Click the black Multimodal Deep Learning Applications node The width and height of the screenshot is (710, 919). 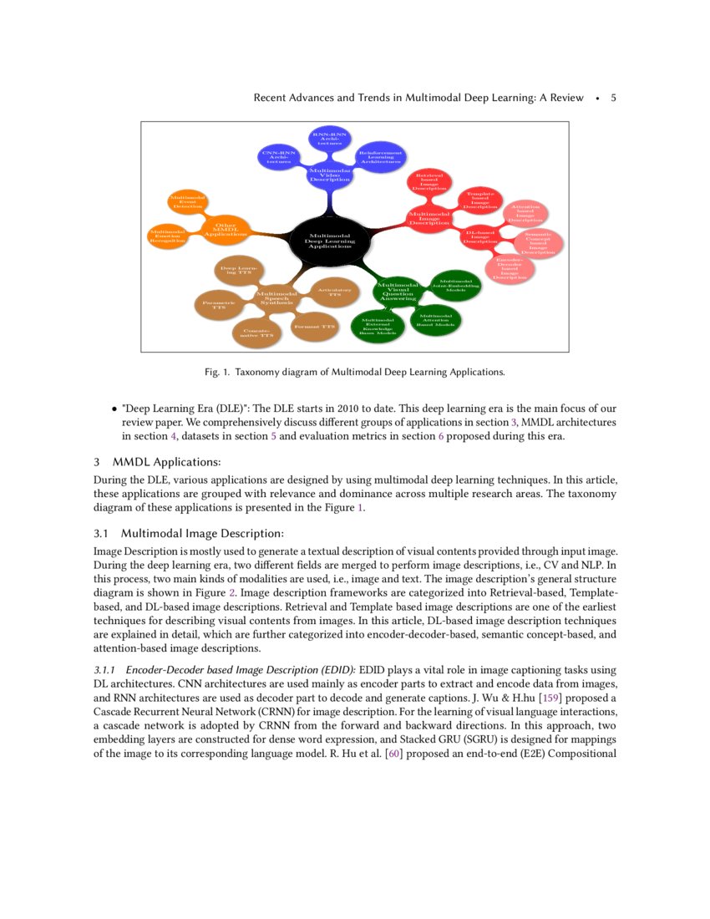click(x=332, y=241)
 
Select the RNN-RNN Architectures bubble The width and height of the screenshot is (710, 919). click(x=330, y=138)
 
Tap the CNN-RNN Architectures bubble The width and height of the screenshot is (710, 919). click(x=279, y=156)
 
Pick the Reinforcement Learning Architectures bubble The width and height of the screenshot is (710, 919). click(x=381, y=156)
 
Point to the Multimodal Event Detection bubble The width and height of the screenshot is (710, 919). click(x=188, y=201)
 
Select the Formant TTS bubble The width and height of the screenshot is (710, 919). click(x=316, y=327)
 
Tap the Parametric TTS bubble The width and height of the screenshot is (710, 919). click(x=218, y=304)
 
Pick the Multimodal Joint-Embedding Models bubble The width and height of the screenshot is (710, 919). click(x=455, y=285)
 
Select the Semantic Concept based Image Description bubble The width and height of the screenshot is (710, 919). click(x=538, y=242)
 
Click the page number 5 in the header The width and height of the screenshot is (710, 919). click(x=614, y=98)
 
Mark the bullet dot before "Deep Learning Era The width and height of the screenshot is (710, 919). click(x=114, y=409)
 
